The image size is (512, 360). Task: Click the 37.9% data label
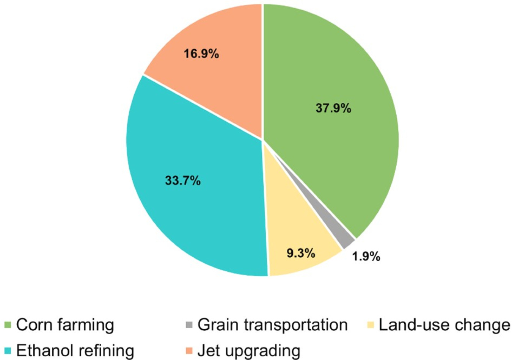pos(333,108)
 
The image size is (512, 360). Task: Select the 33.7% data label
pos(183,181)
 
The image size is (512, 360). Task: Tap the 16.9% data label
pos(201,54)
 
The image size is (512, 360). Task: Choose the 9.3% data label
pos(301,253)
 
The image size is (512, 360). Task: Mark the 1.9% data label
pos(366,257)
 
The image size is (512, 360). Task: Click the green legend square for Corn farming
pos(8,325)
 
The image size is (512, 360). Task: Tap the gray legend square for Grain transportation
pos(189,325)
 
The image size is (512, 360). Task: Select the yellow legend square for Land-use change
pos(371,325)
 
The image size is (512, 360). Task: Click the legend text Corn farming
pos(65,325)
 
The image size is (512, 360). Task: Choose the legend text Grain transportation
pos(272,325)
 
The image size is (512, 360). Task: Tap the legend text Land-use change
pos(444,325)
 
